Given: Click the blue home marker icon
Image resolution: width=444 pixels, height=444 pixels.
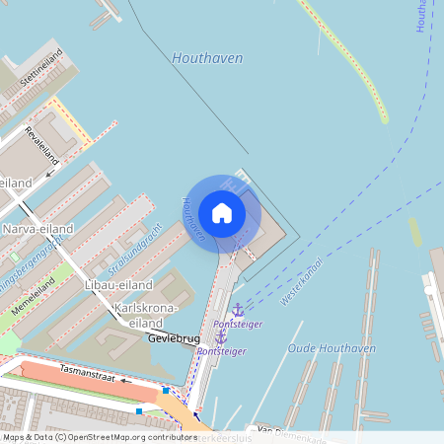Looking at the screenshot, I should pos(222,212).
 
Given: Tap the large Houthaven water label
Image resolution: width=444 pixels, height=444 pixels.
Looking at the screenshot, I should pos(207,58).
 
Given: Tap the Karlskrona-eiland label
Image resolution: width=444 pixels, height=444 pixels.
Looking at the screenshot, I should pos(146,316).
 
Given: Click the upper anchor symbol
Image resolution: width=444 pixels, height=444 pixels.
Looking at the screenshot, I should pos(237,310).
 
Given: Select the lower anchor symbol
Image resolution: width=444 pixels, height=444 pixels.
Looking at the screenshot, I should pos(221,337).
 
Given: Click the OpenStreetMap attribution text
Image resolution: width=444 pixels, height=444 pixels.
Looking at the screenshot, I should pos(99,436).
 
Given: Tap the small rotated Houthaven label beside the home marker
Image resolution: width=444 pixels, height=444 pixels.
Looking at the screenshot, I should pos(193,219).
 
